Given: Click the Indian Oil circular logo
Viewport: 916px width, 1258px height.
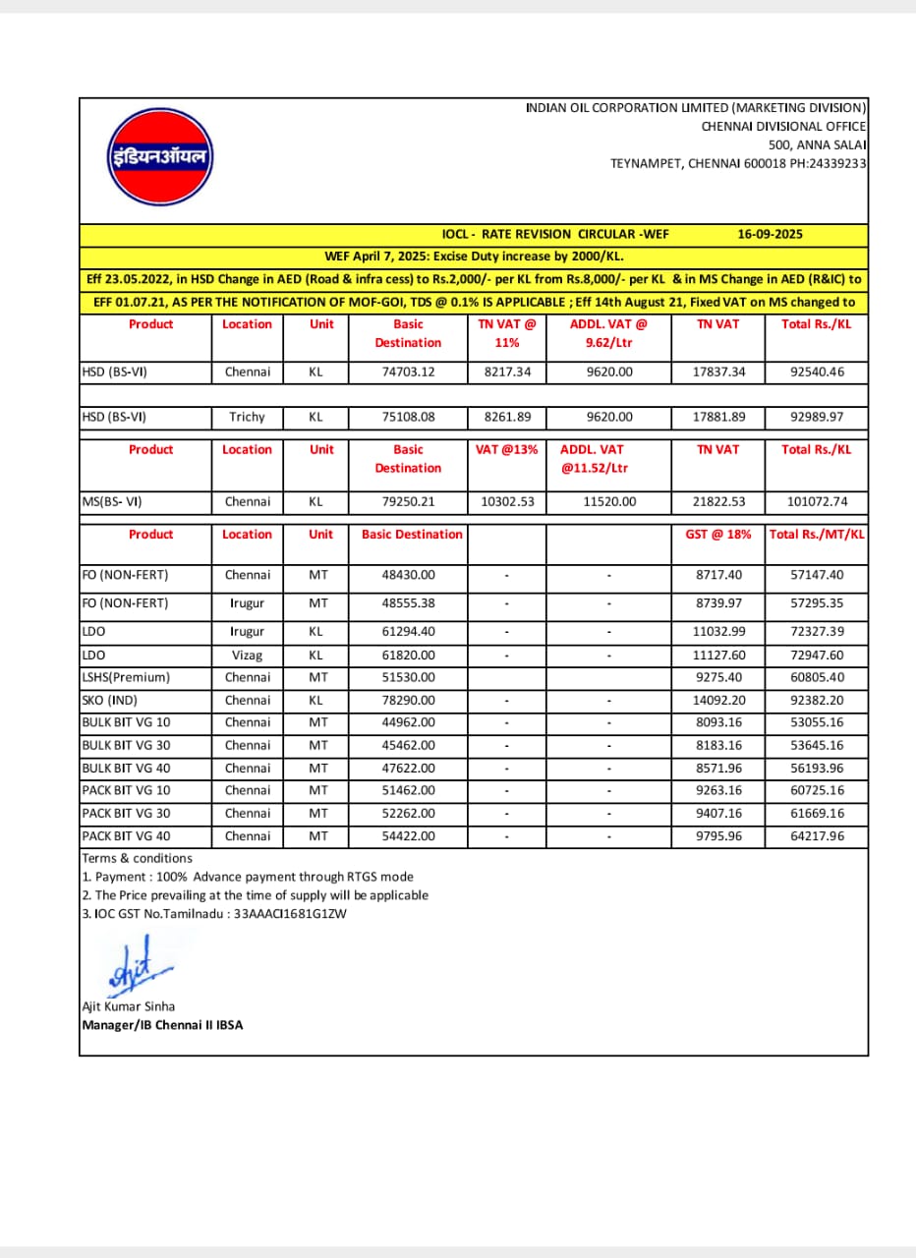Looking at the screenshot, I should pos(159,157).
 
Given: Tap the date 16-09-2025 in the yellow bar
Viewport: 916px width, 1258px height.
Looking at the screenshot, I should pos(770,234).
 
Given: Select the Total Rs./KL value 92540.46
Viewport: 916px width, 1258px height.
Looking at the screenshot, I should pos(816,372).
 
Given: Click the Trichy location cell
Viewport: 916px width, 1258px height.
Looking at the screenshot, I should pos(247,417).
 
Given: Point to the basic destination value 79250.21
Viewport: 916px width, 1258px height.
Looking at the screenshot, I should pos(408,501).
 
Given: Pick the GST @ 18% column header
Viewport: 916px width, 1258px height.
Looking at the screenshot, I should pos(717,534).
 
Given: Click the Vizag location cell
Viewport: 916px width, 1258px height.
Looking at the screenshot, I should pos(247,655).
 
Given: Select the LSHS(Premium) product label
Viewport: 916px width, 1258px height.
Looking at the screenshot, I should pos(127,677).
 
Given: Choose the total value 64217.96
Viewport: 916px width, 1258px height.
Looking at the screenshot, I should pos(816,836).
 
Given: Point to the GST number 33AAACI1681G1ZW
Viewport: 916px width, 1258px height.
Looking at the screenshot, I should pos(290,914).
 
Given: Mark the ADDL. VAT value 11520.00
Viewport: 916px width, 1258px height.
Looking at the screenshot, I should pos(608,501).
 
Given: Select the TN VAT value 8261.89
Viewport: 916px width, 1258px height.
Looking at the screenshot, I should pos(507,417).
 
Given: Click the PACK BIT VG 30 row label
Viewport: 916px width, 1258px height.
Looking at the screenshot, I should pos(126,813).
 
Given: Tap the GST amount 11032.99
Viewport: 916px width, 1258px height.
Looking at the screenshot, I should pos(717,631).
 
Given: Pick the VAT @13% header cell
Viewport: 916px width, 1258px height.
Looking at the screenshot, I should pos(507,449).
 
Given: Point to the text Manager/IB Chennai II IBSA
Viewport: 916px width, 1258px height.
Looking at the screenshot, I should pos(162,1025).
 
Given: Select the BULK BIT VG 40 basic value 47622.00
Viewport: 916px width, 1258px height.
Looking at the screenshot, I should pos(408,768).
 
